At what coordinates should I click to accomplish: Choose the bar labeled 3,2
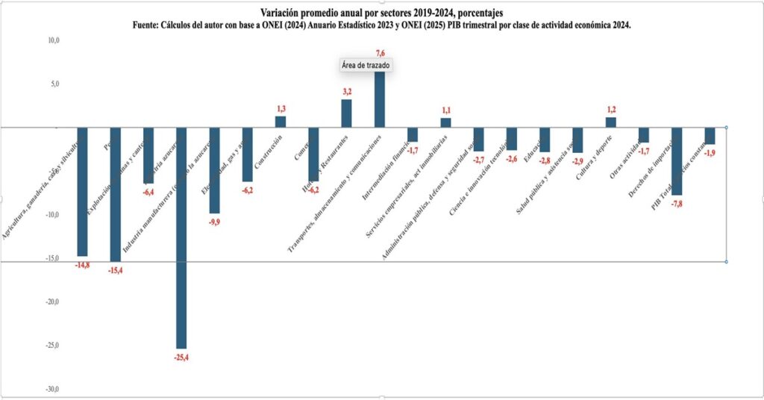point(346,113)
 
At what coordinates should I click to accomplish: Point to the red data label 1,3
point(281,109)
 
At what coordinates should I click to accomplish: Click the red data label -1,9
point(710,152)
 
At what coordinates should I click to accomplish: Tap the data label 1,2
point(611,110)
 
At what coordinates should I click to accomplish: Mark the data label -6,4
point(148,191)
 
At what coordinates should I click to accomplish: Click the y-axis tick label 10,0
point(53,40)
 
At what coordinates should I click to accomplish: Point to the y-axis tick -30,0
point(51,389)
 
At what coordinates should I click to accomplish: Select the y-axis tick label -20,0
point(51,302)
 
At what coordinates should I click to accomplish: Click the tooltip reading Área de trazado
point(366,66)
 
